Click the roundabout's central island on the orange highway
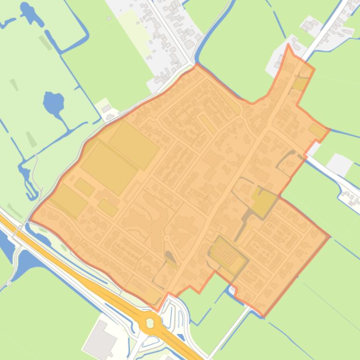150,323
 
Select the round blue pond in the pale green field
53,102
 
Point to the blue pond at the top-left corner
30,14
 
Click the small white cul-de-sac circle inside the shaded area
166,238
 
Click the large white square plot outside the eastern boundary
339,164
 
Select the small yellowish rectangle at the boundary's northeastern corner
317,130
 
